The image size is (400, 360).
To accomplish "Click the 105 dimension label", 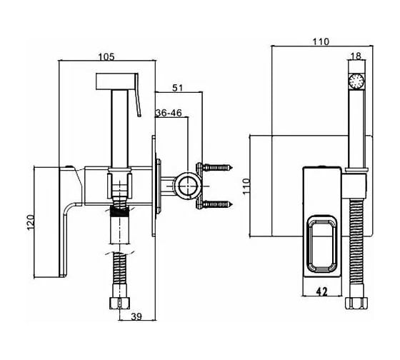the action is tap(106, 57).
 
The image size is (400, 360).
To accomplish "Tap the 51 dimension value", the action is tap(178, 88).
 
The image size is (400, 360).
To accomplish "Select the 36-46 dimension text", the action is tap(169, 113).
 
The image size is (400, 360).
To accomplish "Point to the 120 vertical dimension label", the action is tap(31, 222).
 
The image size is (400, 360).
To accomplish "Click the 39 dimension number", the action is tap(136, 316).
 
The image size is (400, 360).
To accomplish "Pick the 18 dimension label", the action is tap(356, 56).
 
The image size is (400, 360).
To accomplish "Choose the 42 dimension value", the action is tap(321, 291).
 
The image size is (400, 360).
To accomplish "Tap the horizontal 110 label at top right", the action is tap(321, 41).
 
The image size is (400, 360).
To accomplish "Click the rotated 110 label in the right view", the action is tap(246, 186).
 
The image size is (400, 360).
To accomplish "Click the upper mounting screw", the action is tap(218, 168).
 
